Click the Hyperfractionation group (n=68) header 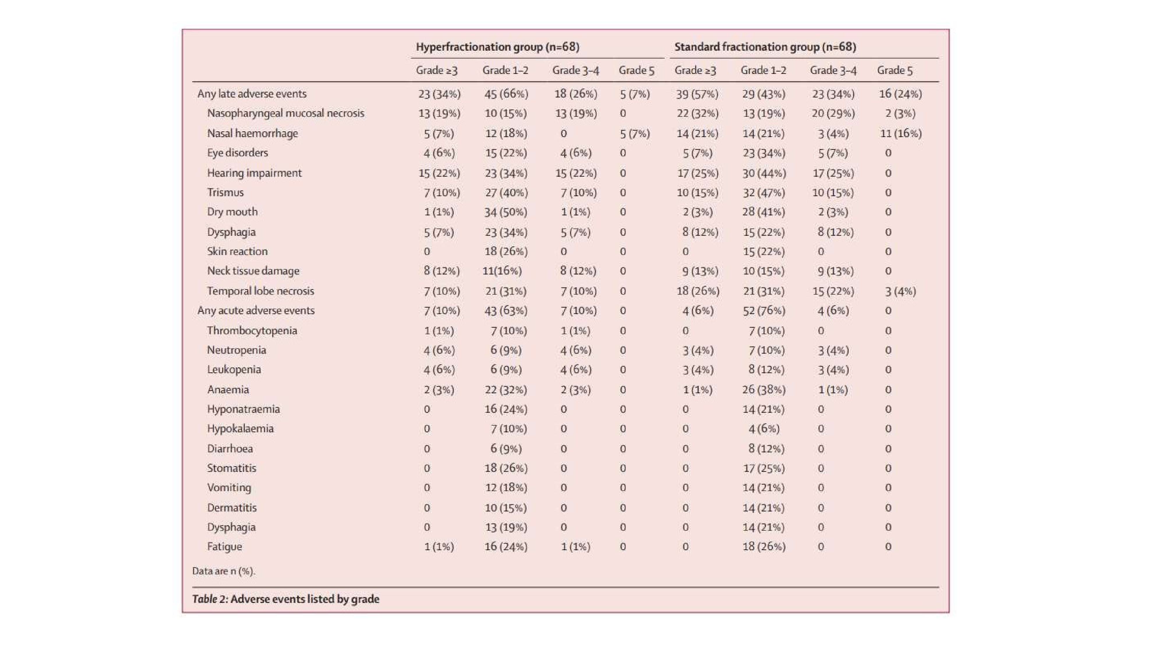pyautogui.click(x=498, y=47)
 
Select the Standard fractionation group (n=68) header pyautogui.click(x=765, y=47)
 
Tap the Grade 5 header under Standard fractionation pyautogui.click(x=895, y=70)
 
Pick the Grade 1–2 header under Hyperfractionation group pyautogui.click(x=505, y=70)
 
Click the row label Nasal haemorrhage pyautogui.click(x=252, y=133)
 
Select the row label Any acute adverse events pyautogui.click(x=256, y=311)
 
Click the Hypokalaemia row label pyautogui.click(x=240, y=429)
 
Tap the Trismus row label pyautogui.click(x=225, y=192)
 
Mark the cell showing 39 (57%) pyautogui.click(x=697, y=94)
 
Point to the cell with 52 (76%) pyautogui.click(x=764, y=311)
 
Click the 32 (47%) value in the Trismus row pyautogui.click(x=764, y=192)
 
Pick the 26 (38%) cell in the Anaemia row pyautogui.click(x=764, y=390)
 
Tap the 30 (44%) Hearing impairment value pyautogui.click(x=764, y=173)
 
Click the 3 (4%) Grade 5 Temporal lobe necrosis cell pyautogui.click(x=900, y=291)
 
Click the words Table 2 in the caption pyautogui.click(x=210, y=599)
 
